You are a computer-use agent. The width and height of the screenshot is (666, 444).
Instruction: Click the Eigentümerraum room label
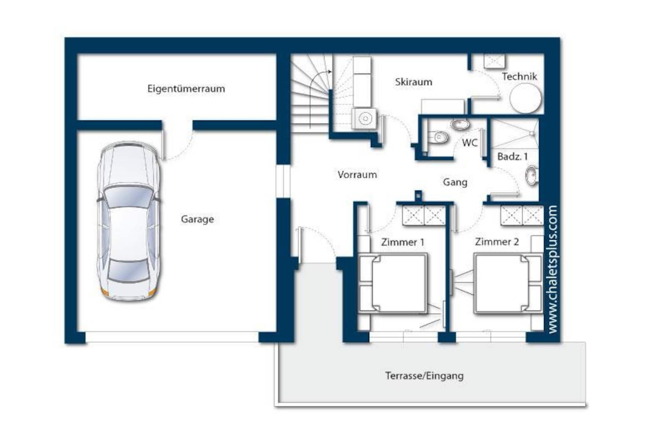[186, 89]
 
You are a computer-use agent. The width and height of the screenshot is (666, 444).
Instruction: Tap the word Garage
[197, 219]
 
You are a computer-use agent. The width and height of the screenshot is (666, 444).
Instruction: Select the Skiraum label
[414, 82]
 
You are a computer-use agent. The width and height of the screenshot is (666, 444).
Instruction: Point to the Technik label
[519, 77]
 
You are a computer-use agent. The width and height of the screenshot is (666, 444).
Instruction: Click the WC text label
[470, 143]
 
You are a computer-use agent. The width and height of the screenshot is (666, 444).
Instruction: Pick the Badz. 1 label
[513, 157]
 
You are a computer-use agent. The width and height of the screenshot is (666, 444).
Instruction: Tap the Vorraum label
[357, 175]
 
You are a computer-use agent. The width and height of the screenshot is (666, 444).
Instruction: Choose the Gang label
[455, 182]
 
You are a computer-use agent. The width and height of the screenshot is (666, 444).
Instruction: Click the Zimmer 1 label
[403, 242]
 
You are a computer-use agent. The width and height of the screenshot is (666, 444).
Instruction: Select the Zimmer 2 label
[497, 242]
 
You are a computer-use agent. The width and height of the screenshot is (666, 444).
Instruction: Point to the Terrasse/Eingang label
[424, 376]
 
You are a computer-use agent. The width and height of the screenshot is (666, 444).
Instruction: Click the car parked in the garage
[129, 221]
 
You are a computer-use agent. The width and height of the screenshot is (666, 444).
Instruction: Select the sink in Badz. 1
[531, 176]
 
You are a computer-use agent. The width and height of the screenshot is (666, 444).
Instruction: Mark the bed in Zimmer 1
[393, 283]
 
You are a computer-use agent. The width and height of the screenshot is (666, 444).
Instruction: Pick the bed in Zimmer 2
[508, 283]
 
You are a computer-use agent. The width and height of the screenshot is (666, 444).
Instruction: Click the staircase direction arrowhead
[330, 72]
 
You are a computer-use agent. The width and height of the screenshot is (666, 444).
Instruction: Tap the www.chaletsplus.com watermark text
[553, 269]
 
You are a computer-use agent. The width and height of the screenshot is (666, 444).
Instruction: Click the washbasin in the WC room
[460, 124]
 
